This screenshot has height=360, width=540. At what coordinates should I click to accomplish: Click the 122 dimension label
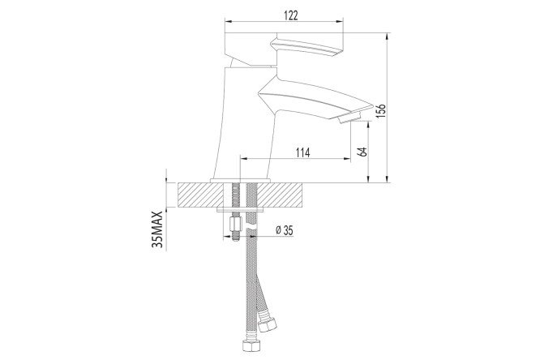click(x=291, y=15)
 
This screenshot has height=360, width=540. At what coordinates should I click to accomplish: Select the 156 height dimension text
click(x=381, y=110)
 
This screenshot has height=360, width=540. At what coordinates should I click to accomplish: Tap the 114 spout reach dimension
click(x=303, y=152)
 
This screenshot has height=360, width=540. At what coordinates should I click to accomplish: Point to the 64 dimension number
click(x=362, y=152)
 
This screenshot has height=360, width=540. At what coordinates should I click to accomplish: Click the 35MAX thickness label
click(x=157, y=229)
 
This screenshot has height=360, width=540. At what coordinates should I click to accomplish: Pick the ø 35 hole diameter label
click(x=285, y=230)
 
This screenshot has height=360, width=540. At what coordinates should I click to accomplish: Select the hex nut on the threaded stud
click(x=236, y=225)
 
